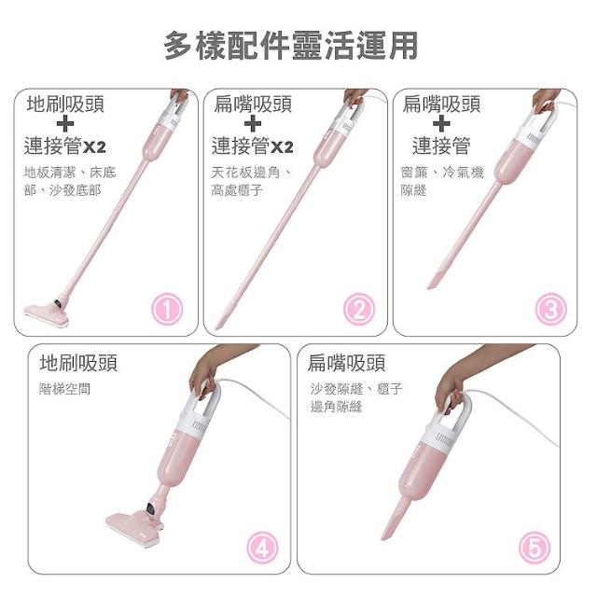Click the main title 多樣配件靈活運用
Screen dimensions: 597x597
coord(291,46)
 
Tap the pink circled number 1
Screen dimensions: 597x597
coord(167,309)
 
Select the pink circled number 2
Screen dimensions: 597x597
coord(359,309)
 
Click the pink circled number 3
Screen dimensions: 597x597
coord(551,309)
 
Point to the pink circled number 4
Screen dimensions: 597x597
coord(263,548)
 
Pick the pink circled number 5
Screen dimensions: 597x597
coord(535,548)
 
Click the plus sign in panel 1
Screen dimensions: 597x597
coord(65,124)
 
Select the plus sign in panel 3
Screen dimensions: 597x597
coord(441,124)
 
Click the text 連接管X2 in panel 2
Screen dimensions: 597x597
coord(253,146)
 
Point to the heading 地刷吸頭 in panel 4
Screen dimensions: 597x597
coord(78,363)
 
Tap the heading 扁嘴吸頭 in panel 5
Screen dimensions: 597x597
coord(347,363)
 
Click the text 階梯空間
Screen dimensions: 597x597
coord(64,389)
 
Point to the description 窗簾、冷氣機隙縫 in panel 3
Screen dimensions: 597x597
coord(441,181)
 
